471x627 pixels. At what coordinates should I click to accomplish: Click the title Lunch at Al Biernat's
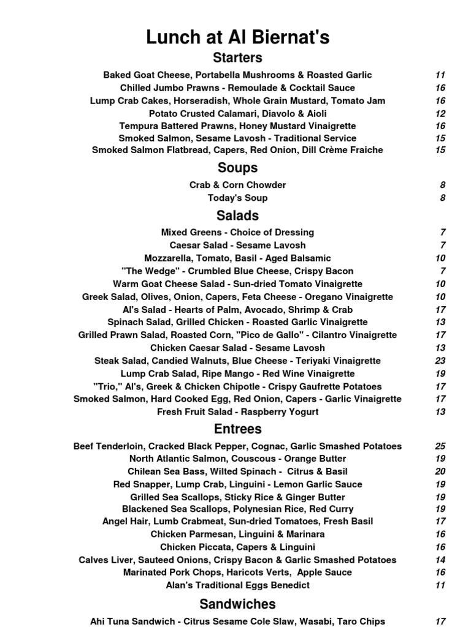(x=237, y=37)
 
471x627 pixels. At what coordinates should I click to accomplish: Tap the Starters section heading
(x=237, y=58)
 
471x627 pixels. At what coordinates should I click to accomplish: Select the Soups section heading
(x=237, y=168)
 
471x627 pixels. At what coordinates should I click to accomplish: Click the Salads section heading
(x=237, y=216)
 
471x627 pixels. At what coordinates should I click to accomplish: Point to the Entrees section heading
(x=237, y=429)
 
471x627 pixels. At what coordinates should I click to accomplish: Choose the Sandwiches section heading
(x=237, y=604)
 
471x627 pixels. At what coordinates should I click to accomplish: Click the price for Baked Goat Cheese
(x=440, y=75)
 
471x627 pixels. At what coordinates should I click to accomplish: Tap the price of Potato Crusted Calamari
(x=440, y=113)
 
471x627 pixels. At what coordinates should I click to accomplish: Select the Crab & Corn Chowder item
(x=237, y=185)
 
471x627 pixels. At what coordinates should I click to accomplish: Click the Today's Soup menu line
(x=237, y=198)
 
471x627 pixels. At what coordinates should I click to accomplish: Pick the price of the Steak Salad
(x=440, y=361)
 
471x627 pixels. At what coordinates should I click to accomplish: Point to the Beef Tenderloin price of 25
(x=440, y=446)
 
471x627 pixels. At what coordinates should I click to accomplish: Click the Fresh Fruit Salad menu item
(x=237, y=412)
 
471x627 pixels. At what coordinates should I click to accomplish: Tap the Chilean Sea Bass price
(x=440, y=471)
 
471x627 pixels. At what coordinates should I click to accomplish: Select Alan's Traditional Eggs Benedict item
(x=237, y=585)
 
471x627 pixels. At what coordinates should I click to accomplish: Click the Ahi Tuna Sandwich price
(x=440, y=621)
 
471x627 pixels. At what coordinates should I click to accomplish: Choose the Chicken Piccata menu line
(x=237, y=547)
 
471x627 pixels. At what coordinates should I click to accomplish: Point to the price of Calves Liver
(x=440, y=560)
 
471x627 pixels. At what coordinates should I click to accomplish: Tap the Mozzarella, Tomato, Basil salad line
(x=237, y=258)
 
